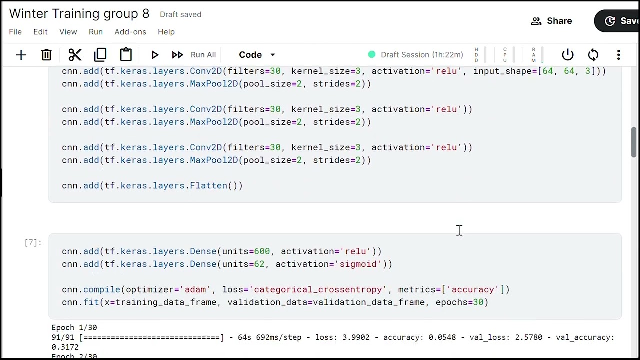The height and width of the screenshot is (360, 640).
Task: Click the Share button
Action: click(551, 21)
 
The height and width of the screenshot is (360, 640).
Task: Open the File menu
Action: click(15, 32)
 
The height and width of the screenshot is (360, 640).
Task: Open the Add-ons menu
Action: click(130, 32)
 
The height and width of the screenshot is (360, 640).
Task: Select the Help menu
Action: click(166, 32)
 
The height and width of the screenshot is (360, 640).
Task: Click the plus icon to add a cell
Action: click(21, 55)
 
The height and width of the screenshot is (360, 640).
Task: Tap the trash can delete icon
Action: click(46, 55)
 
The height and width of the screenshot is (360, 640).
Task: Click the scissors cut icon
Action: click(75, 55)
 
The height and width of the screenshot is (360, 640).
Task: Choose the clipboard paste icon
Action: click(126, 54)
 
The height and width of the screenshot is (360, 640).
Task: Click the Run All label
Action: click(203, 55)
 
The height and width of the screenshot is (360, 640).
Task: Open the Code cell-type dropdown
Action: click(257, 55)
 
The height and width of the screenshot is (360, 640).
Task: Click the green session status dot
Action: click(371, 54)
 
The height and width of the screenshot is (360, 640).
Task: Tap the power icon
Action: click(567, 55)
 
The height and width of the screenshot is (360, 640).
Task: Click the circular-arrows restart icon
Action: click(593, 55)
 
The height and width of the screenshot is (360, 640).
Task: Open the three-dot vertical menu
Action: click(618, 55)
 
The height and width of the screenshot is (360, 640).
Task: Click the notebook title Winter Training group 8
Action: click(79, 13)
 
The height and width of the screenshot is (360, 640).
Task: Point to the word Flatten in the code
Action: click(209, 185)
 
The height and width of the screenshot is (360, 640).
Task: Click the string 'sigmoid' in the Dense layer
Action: click(358, 264)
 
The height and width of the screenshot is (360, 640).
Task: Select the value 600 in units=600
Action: click(262, 251)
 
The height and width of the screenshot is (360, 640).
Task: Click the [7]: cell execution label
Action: click(33, 243)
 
